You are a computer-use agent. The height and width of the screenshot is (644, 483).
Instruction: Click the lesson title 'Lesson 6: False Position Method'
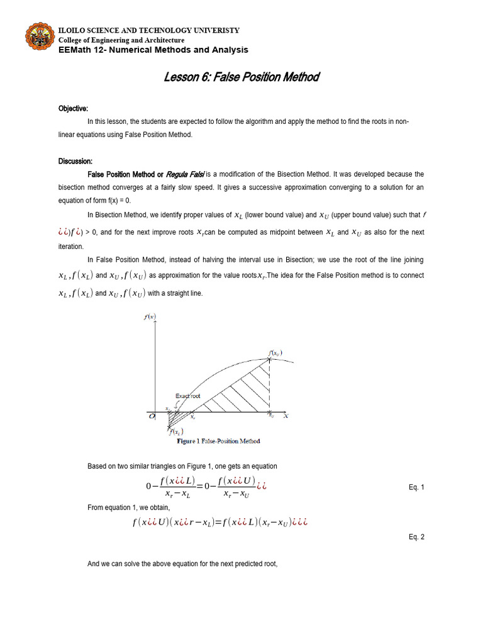pyautogui.click(x=241, y=77)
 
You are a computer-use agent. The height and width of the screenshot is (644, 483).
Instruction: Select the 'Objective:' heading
pyautogui.click(x=73, y=108)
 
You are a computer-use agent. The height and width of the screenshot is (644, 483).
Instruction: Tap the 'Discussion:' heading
pyautogui.click(x=75, y=161)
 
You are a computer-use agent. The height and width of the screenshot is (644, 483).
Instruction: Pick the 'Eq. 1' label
pyautogui.click(x=416, y=488)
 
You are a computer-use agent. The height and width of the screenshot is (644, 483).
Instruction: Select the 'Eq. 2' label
pyautogui.click(x=416, y=537)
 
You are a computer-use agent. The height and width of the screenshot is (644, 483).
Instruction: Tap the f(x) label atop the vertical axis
pyautogui.click(x=150, y=318)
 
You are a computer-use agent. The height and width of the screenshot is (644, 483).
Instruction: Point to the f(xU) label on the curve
pyautogui.click(x=274, y=353)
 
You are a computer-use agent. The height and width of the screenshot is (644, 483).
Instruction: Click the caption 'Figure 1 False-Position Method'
pyautogui.click(x=217, y=441)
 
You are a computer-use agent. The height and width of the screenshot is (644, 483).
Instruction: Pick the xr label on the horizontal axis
pyautogui.click(x=192, y=416)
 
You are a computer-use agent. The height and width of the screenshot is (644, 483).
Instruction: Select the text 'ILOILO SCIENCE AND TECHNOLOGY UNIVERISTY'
pyautogui.click(x=148, y=31)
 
